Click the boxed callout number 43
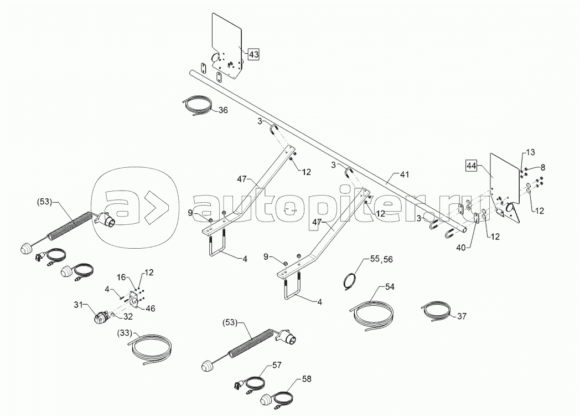[253, 54]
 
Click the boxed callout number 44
[472, 166]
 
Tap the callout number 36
[223, 110]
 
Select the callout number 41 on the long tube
[405, 174]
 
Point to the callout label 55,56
[381, 259]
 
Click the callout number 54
[390, 287]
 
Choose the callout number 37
[462, 316]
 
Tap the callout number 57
[277, 365]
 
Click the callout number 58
[307, 379]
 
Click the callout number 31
[78, 305]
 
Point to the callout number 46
[151, 309]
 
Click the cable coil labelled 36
[197, 105]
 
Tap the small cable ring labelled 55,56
[350, 280]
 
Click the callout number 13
[530, 152]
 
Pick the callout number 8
[542, 167]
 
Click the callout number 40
[461, 248]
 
